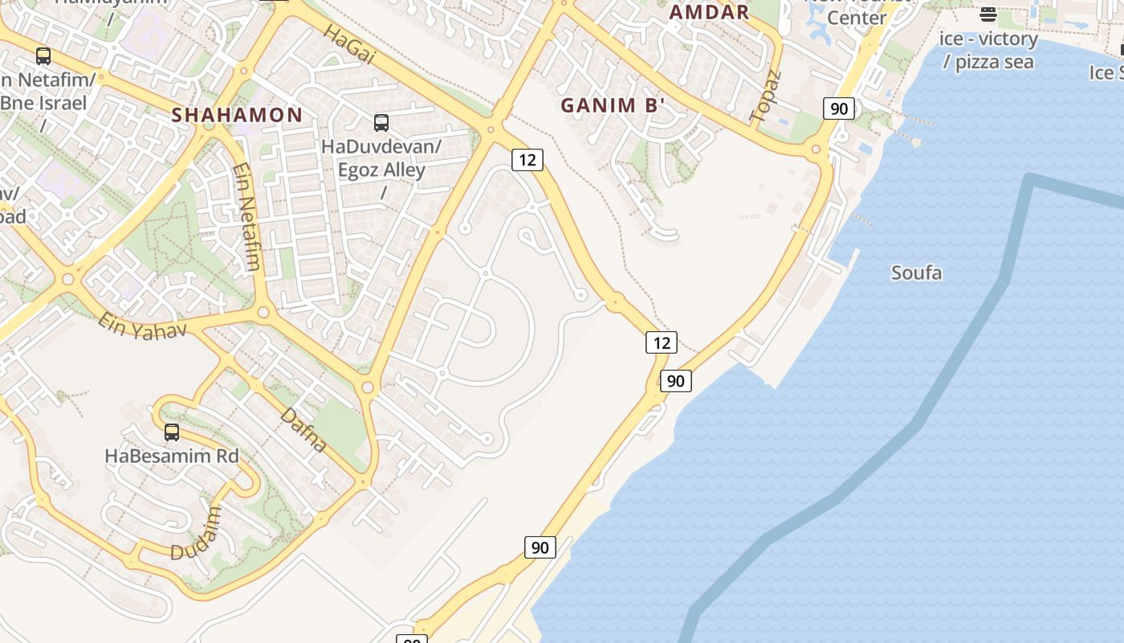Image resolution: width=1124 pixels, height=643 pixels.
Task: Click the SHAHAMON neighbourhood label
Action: tap(237, 115)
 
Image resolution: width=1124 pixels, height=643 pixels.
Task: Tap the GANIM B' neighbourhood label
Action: tap(613, 105)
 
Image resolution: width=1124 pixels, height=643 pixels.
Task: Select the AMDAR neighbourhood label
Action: tap(709, 12)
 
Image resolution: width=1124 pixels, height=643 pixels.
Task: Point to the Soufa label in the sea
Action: tap(916, 272)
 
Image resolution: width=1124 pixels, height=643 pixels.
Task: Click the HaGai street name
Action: tap(350, 44)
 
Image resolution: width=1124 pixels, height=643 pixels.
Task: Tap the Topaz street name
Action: tap(765, 96)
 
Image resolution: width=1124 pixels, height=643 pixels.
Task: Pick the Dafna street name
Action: tap(304, 430)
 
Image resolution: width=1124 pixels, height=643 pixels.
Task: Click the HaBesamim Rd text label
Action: tap(172, 456)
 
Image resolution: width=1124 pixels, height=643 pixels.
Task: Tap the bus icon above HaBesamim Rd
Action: tap(172, 432)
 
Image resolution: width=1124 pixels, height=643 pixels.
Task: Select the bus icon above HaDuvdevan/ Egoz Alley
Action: tap(381, 123)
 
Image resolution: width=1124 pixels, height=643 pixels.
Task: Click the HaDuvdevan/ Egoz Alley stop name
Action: tap(381, 158)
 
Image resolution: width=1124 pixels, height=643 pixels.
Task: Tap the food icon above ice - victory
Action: tap(988, 14)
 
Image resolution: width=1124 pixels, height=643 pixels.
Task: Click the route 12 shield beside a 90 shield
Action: tap(662, 343)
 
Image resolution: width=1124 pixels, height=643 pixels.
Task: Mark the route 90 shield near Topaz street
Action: tap(838, 109)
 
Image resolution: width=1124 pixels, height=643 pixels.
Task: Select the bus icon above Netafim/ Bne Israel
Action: tap(43, 56)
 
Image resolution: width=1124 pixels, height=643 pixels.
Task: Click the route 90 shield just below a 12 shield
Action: tap(676, 381)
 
